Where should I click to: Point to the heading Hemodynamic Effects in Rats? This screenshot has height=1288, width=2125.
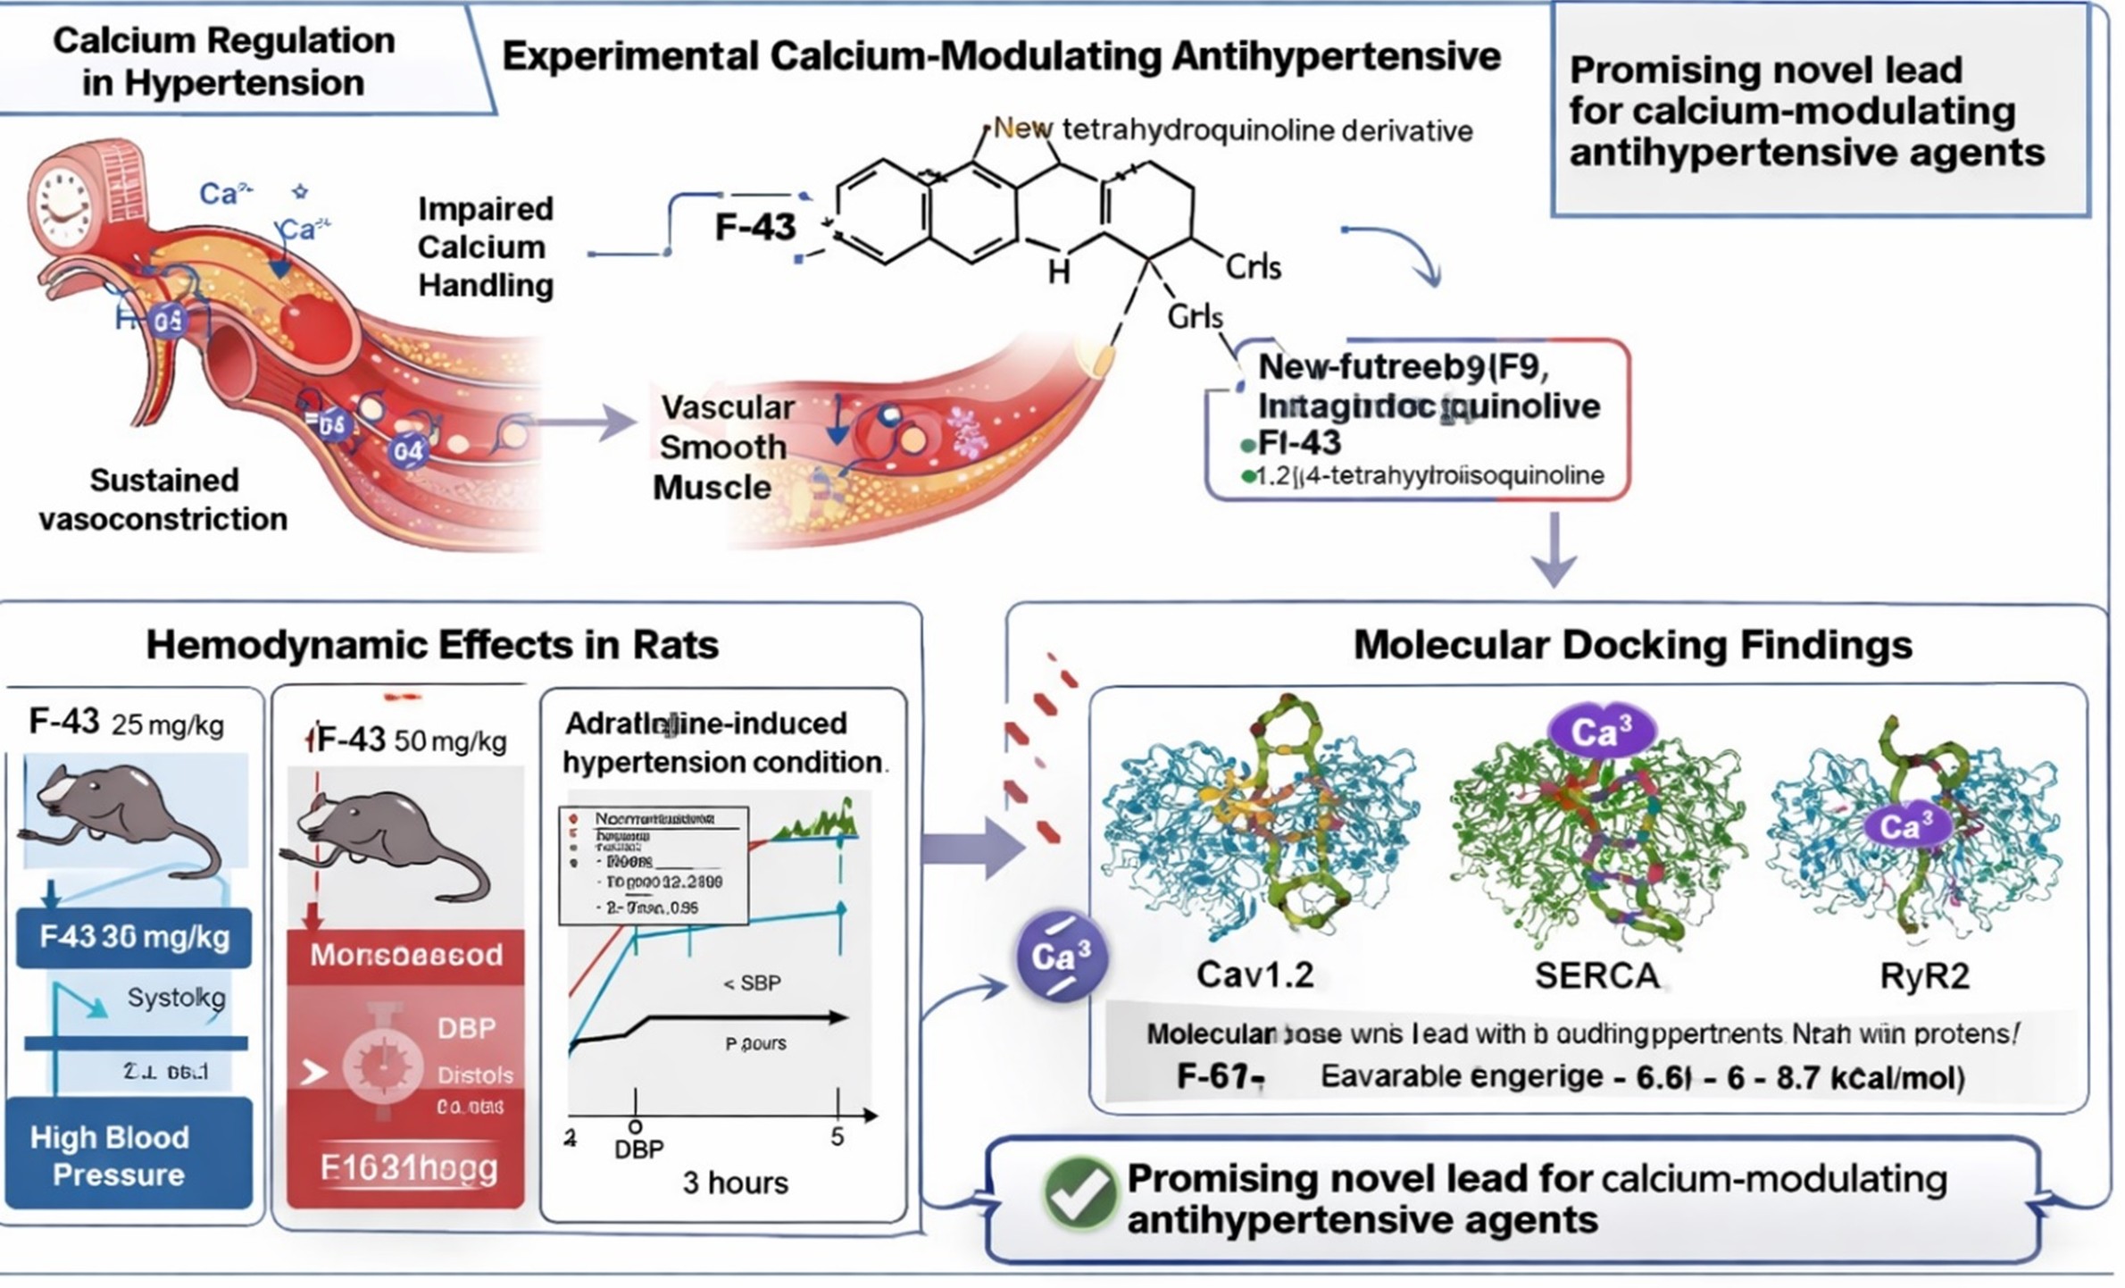(x=432, y=645)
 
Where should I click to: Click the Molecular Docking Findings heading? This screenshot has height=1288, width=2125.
(x=1632, y=645)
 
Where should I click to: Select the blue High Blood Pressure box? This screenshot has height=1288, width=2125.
(x=129, y=1155)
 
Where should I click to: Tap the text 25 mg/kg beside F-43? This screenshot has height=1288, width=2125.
(x=167, y=725)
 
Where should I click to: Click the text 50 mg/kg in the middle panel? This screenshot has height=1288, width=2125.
(x=450, y=741)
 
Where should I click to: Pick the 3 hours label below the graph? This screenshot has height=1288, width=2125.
(x=736, y=1183)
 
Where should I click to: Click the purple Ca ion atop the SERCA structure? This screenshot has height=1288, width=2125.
(x=1600, y=732)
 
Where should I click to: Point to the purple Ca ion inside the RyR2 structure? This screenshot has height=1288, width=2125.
(x=1904, y=826)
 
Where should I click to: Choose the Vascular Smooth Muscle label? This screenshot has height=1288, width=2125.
(x=723, y=447)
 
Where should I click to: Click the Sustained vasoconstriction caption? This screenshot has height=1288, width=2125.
(x=163, y=499)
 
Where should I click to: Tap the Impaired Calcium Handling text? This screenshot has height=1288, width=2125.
(x=485, y=247)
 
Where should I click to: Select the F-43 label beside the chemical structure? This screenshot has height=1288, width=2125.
(x=754, y=227)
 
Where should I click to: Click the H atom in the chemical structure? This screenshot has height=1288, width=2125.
(x=1059, y=271)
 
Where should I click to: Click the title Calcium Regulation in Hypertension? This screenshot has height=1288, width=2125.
(x=223, y=61)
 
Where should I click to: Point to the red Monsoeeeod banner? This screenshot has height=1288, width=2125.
(x=406, y=956)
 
